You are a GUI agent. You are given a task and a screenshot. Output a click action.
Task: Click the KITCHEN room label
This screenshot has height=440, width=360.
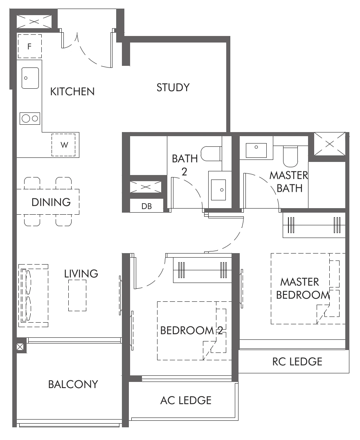coord(72,92)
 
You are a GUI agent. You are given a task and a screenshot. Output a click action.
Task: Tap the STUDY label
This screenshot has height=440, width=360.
coord(173,88)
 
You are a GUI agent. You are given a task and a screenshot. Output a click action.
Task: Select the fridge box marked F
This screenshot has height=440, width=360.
coord(29,46)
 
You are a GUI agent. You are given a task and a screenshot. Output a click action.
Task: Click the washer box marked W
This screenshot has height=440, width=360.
coord(63,145)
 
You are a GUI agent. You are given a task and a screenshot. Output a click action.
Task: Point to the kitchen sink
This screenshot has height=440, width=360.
coord(30,78)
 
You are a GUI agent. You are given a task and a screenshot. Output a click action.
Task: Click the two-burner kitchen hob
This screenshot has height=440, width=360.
coord(30,119)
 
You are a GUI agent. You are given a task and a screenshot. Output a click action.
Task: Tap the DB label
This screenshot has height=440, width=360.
coord(146,207)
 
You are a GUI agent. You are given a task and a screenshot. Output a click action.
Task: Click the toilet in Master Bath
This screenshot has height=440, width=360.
coord(291,155)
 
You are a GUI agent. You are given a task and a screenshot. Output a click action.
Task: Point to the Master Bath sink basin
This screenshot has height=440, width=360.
coord(256,150)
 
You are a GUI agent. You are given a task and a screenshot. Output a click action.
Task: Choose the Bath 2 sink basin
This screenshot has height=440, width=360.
coord(220,190)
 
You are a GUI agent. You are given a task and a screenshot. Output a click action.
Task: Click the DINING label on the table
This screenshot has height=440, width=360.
coord(51,202)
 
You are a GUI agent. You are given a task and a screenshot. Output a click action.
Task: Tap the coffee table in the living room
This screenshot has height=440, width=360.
coord(77,295)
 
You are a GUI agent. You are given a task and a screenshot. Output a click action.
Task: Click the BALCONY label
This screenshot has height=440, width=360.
coord(73,384)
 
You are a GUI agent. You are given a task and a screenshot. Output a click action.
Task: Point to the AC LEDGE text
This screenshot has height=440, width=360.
coord(186,400)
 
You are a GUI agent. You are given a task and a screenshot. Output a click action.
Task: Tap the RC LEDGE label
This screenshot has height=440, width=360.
coord(297,361)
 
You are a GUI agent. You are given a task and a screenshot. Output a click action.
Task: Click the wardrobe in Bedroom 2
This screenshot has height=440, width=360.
coord(202,270)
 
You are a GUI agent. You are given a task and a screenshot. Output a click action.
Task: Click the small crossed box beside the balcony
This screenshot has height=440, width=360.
coord(20,348)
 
